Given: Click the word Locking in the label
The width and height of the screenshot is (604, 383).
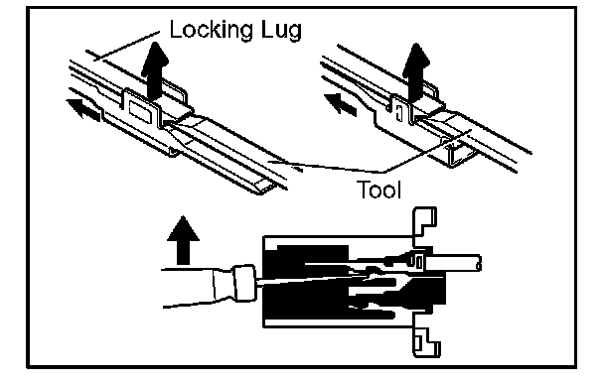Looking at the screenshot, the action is (x=212, y=31).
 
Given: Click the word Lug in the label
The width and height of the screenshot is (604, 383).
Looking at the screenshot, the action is (x=281, y=31).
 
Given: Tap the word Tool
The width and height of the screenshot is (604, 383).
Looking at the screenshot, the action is (x=378, y=190).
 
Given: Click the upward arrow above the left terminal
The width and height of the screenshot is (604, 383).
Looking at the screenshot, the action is (x=155, y=71).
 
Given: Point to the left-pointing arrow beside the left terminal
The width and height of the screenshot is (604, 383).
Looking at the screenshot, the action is (x=83, y=108).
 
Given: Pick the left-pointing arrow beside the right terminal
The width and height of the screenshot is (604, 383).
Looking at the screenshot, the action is (x=341, y=103).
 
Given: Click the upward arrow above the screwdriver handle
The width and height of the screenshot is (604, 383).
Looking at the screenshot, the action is (x=183, y=240).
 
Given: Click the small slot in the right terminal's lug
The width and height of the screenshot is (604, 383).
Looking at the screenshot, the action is (x=399, y=113).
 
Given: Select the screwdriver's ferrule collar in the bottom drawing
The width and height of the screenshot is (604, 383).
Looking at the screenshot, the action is (x=244, y=283).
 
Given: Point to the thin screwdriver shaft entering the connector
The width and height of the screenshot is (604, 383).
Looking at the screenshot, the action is (x=308, y=280).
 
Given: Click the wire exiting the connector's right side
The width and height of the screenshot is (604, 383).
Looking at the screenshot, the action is (x=454, y=264).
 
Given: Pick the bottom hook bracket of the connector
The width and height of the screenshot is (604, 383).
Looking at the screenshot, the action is (x=425, y=338).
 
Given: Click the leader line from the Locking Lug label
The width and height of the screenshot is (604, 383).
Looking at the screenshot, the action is (x=128, y=46).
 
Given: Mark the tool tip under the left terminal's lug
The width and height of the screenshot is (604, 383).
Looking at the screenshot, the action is (x=168, y=124).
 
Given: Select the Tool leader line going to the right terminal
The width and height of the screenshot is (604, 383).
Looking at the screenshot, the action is (x=427, y=151).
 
